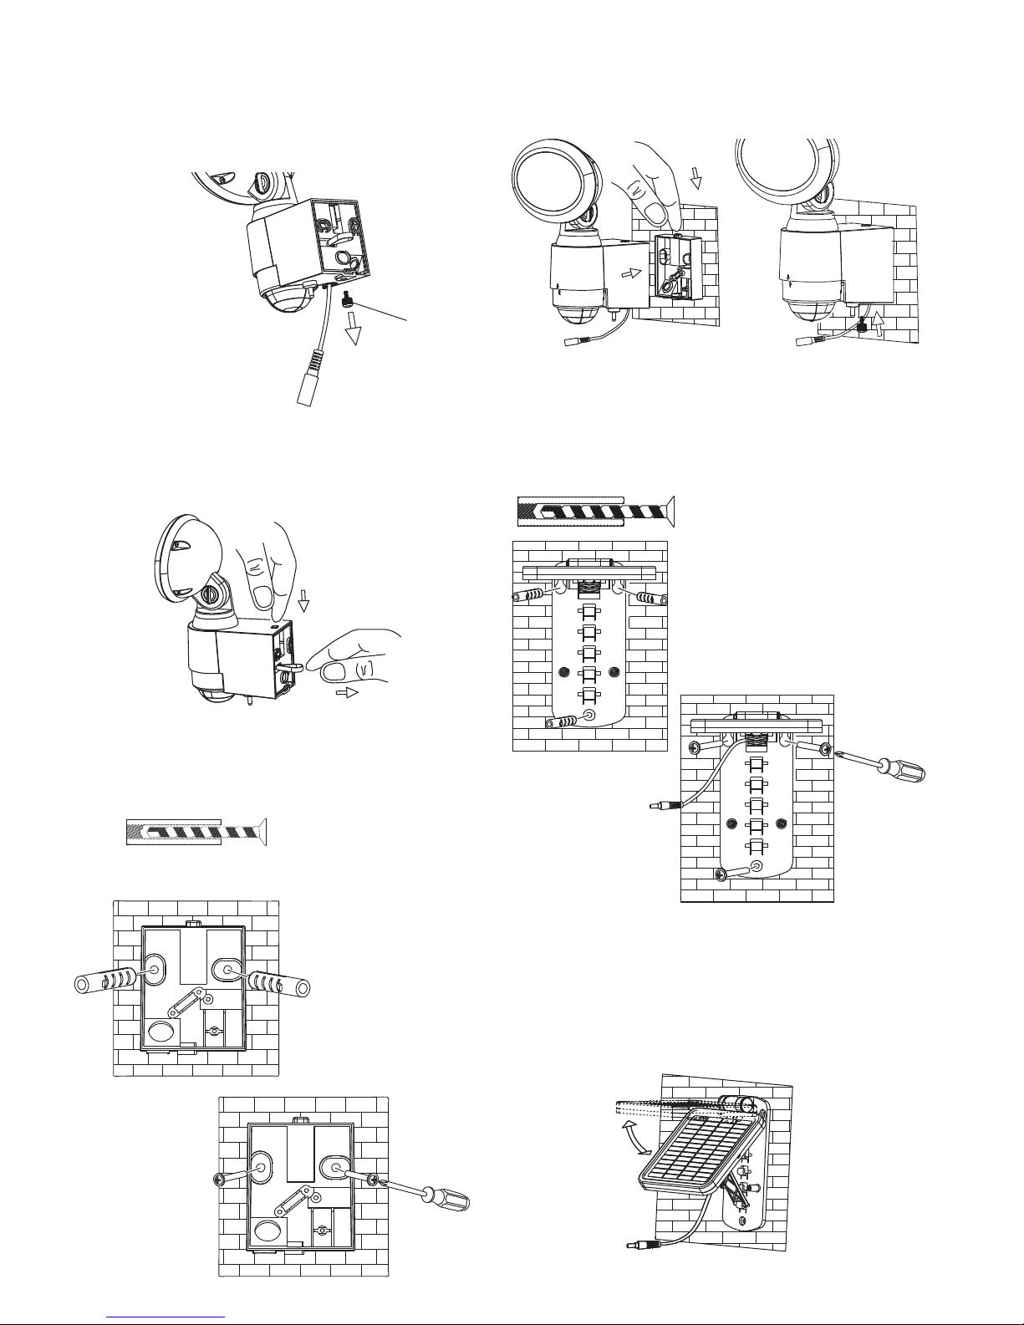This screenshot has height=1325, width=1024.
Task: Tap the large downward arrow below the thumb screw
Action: click(x=355, y=331)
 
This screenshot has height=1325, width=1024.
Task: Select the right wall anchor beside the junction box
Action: click(x=279, y=982)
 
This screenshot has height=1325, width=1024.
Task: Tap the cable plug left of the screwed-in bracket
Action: click(x=664, y=807)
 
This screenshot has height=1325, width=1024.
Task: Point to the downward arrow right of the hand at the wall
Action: click(x=695, y=176)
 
